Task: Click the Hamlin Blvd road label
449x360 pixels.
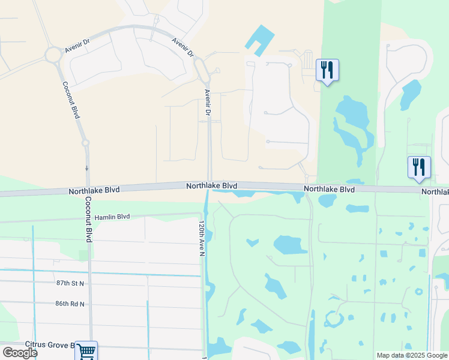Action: pyautogui.click(x=112, y=217)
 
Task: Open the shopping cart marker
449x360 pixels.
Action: pyautogui.click(x=86, y=350)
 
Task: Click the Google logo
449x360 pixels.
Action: pyautogui.click(x=20, y=353)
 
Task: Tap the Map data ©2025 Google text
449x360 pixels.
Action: pyautogui.click(x=411, y=355)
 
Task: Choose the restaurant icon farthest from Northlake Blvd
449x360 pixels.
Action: pyautogui.click(x=327, y=70)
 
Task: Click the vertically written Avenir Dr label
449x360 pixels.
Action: pyautogui.click(x=208, y=103)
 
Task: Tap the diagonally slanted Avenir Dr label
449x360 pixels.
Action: pyautogui.click(x=183, y=48)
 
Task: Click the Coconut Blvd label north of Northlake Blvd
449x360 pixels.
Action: pyautogui.click(x=70, y=100)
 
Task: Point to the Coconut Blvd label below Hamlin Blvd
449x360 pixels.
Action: pyautogui.click(x=88, y=220)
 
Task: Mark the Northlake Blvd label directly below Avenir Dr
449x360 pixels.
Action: pyautogui.click(x=211, y=186)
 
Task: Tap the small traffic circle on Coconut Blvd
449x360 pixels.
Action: pyautogui.click(x=86, y=143)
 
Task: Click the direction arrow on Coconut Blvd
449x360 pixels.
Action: pyautogui.click(x=86, y=168)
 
